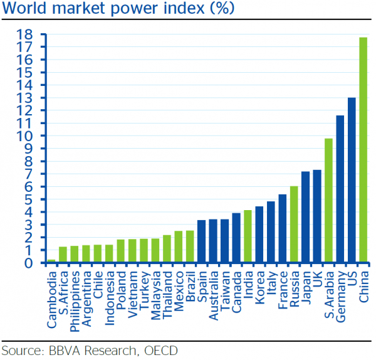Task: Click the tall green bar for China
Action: [363, 151]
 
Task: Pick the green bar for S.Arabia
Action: [328, 201]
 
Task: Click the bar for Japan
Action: [306, 217]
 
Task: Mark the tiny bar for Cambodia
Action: [51, 261]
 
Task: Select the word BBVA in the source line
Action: [64, 349]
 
